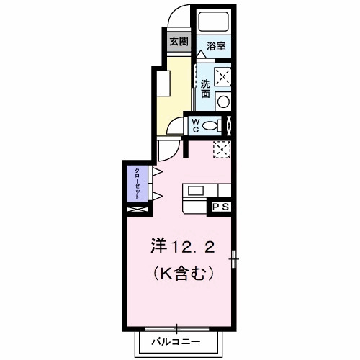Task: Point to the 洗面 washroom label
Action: point(205,87)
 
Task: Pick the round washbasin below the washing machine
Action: point(223,100)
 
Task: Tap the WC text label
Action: point(194,125)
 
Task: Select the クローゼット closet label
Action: point(137,184)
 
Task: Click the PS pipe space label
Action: point(220,207)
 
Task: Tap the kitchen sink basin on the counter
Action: point(196,191)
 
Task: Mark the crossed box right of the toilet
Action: point(228,125)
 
